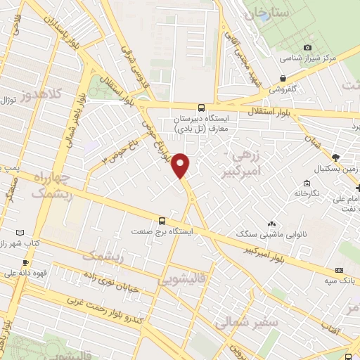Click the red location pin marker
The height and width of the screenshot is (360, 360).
pos(181,165)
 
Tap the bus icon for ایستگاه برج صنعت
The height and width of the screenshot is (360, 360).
pos(162,219)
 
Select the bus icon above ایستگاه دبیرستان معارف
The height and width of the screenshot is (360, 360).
pos(202,108)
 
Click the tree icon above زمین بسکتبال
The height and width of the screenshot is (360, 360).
pos(335,157)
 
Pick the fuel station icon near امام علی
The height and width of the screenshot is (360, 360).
pos(358,188)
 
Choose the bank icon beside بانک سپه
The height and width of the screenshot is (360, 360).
pos(339,271)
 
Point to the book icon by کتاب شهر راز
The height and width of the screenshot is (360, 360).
pos(19,233)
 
